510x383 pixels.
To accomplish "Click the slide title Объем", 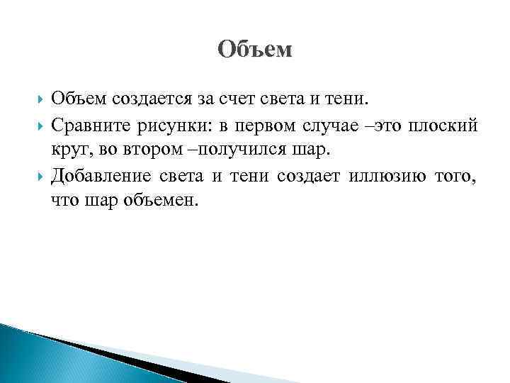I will tap(254, 50).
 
